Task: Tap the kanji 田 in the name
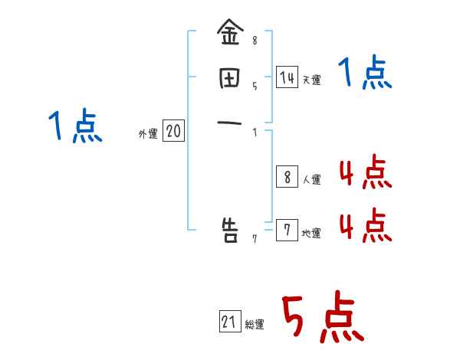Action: (x=229, y=78)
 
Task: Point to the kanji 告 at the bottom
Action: (x=229, y=229)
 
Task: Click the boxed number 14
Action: (x=287, y=77)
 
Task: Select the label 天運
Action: (x=311, y=80)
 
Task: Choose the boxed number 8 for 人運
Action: (x=287, y=178)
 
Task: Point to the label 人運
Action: (x=311, y=180)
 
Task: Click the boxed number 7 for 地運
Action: (x=287, y=231)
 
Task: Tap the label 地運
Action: (x=311, y=234)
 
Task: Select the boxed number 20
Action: (x=173, y=132)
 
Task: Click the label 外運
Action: (x=148, y=134)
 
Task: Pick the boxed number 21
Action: (x=229, y=322)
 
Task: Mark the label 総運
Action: (x=255, y=325)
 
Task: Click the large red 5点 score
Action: (x=321, y=318)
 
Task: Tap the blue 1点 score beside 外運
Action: (x=74, y=126)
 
